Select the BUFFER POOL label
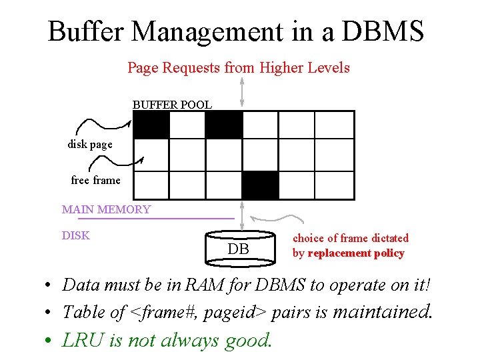pos(172,105)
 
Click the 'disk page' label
pos(90,144)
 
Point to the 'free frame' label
pos(95,180)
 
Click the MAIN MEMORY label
pos(106,209)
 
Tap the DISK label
pos(75,235)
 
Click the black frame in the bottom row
pos(260,185)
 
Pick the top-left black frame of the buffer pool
pos(151,125)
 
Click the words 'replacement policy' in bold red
pos(356,253)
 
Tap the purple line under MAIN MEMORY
pos(156,219)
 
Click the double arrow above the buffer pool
pos(241,84)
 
